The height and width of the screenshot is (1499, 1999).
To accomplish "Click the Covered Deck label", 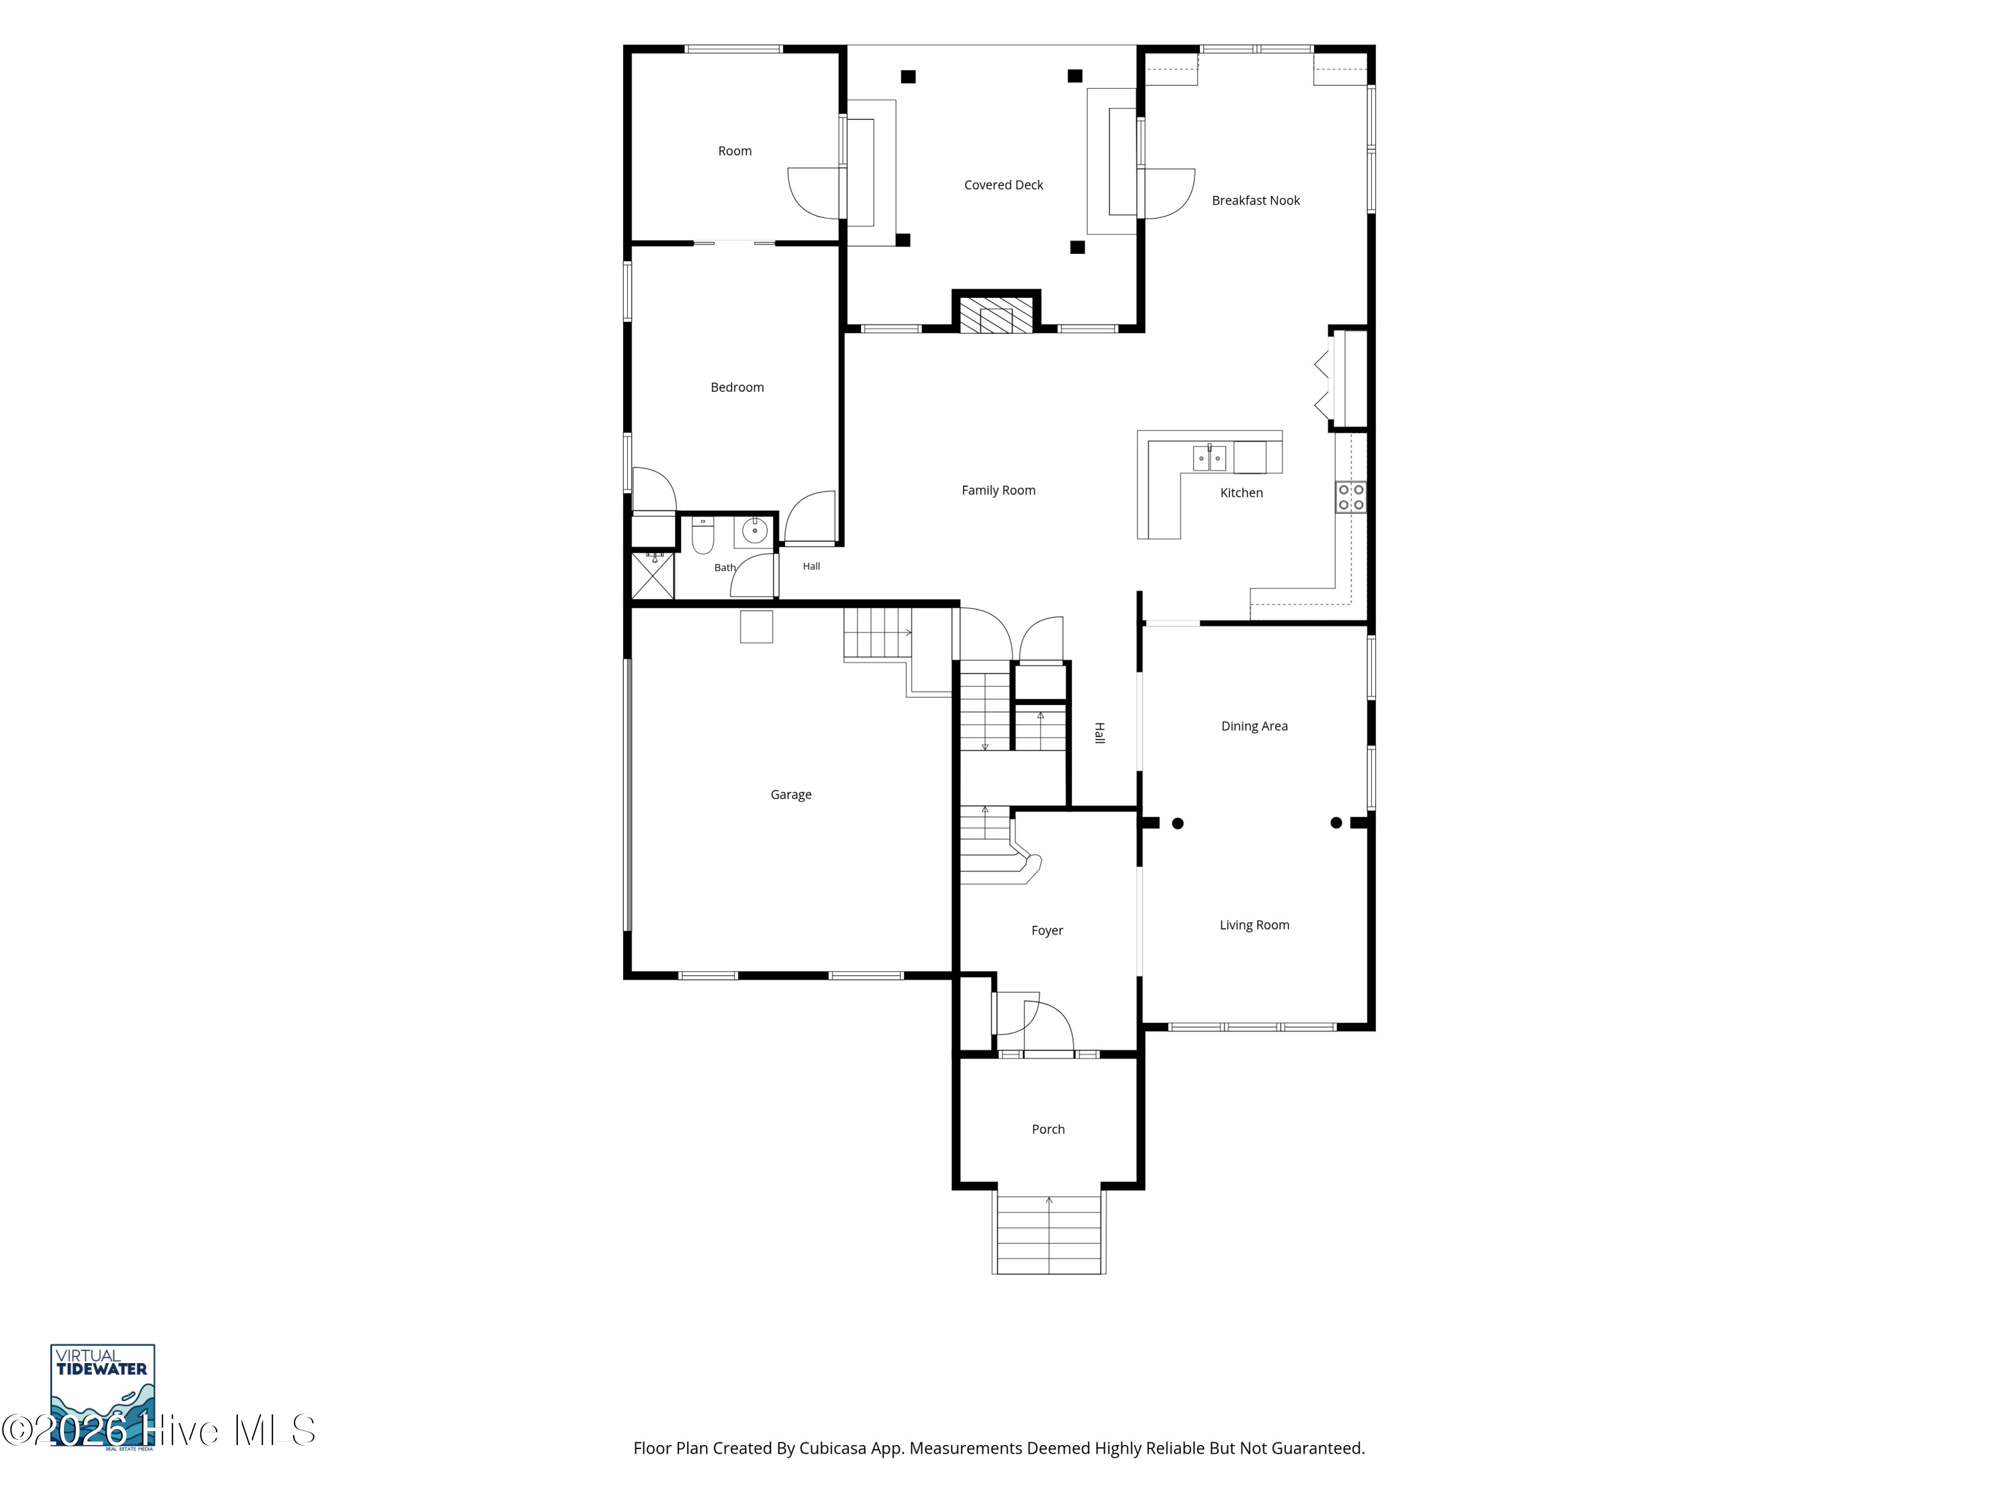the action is (1003, 185).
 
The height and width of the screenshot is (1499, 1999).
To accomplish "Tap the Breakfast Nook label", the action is (1255, 201).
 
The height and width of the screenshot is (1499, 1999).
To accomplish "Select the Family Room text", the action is (998, 490).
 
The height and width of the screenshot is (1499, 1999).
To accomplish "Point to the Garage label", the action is (791, 795).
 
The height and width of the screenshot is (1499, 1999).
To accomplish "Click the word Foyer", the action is (1047, 931).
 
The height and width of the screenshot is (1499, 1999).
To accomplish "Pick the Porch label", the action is (1048, 1129).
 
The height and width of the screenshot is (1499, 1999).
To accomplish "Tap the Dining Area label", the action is (1254, 726).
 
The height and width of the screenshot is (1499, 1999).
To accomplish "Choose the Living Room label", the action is (1254, 925).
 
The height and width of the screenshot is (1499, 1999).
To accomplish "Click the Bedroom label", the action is (736, 388).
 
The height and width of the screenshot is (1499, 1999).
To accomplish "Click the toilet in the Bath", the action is (702, 536).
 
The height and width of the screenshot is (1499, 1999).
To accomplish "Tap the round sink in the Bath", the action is (754, 531).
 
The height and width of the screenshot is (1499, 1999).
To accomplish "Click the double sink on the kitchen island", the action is (1209, 458).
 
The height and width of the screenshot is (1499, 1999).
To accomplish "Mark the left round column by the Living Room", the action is (1177, 823).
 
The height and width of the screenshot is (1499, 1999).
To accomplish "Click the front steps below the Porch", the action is (1048, 1235).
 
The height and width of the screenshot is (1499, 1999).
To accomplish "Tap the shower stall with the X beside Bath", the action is (652, 576).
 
